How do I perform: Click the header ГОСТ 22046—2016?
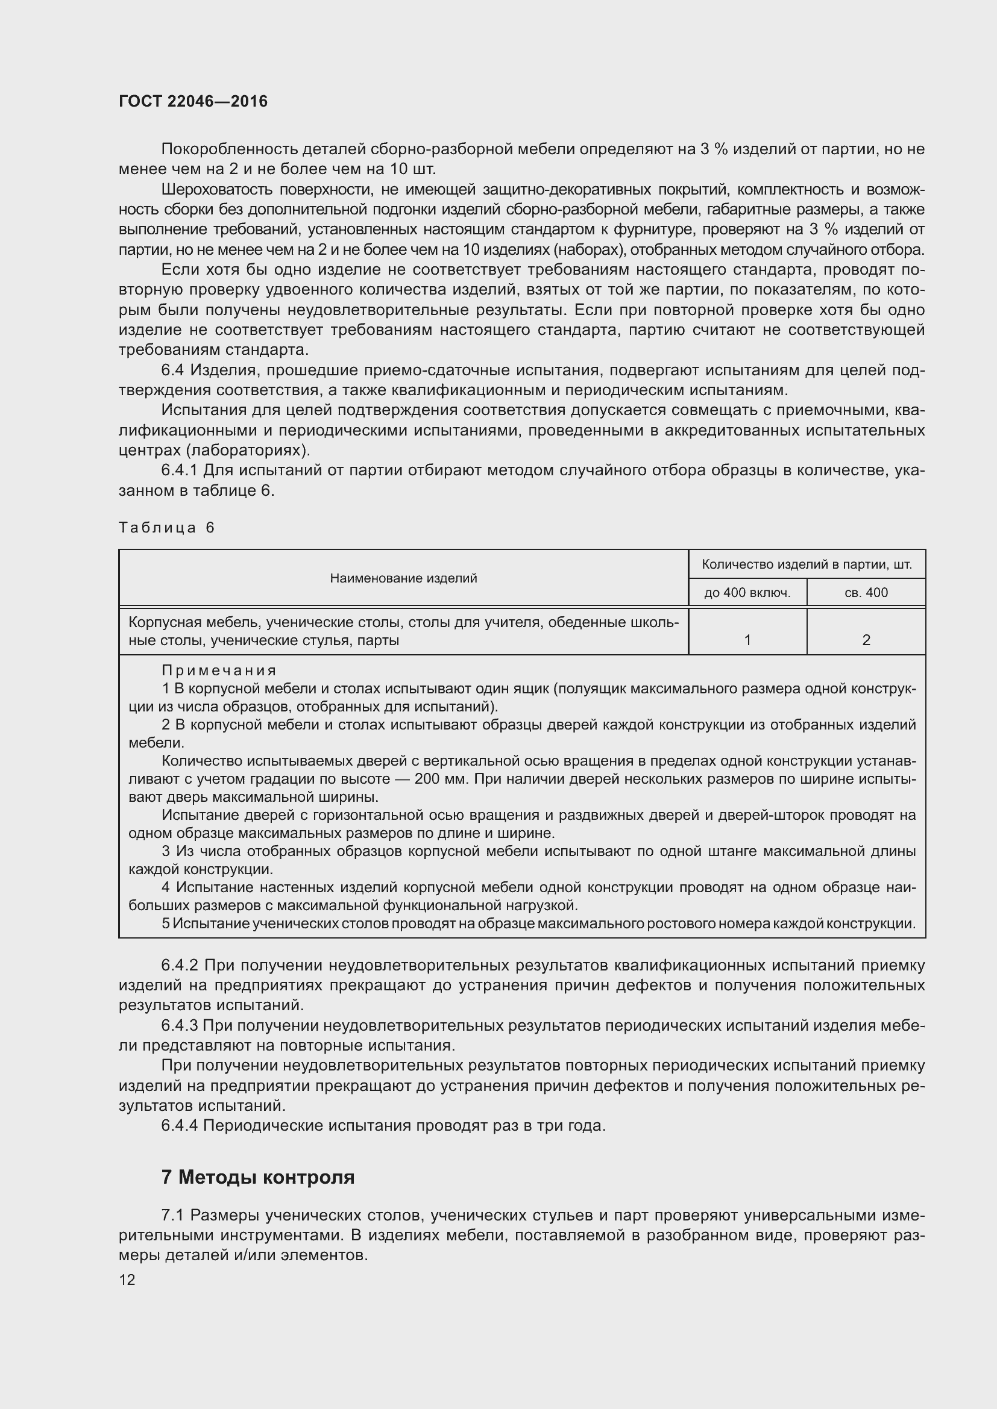193,102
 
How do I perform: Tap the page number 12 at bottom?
127,1279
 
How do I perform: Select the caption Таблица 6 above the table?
166,528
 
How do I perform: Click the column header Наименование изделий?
403,578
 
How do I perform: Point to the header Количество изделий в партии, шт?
807,564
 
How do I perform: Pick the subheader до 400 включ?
747,593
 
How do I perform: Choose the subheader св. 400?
866,593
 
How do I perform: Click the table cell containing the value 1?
747,640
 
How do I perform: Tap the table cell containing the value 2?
866,640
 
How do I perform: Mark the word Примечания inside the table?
219,670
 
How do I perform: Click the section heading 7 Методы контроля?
258,1177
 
